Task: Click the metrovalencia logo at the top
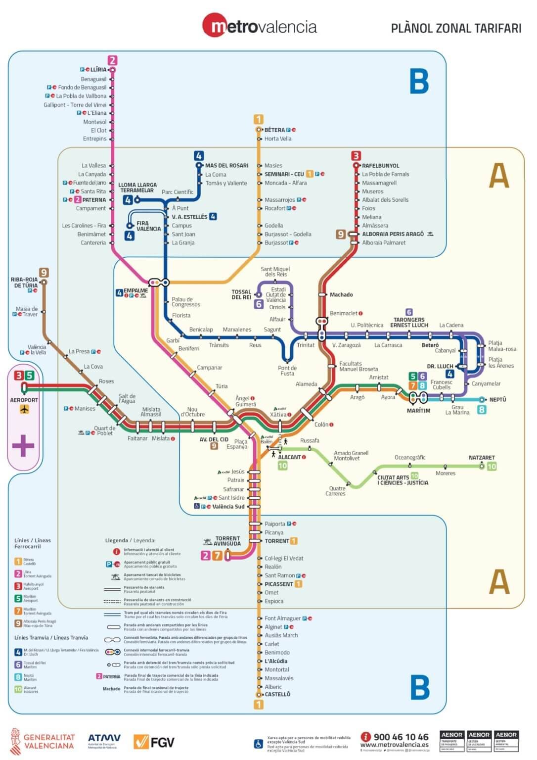260,26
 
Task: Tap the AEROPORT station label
24,400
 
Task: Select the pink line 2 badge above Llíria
112,60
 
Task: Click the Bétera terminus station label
274,130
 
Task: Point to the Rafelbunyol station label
380,166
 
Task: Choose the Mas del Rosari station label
226,166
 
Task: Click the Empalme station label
135,291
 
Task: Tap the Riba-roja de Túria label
24,283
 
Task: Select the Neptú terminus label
497,400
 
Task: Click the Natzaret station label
482,458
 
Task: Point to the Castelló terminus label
277,694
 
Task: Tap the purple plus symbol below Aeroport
23,445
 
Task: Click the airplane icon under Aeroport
24,409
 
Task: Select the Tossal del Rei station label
241,294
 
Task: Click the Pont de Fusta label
287,371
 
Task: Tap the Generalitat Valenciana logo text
49,741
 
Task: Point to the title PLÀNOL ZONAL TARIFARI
456,28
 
